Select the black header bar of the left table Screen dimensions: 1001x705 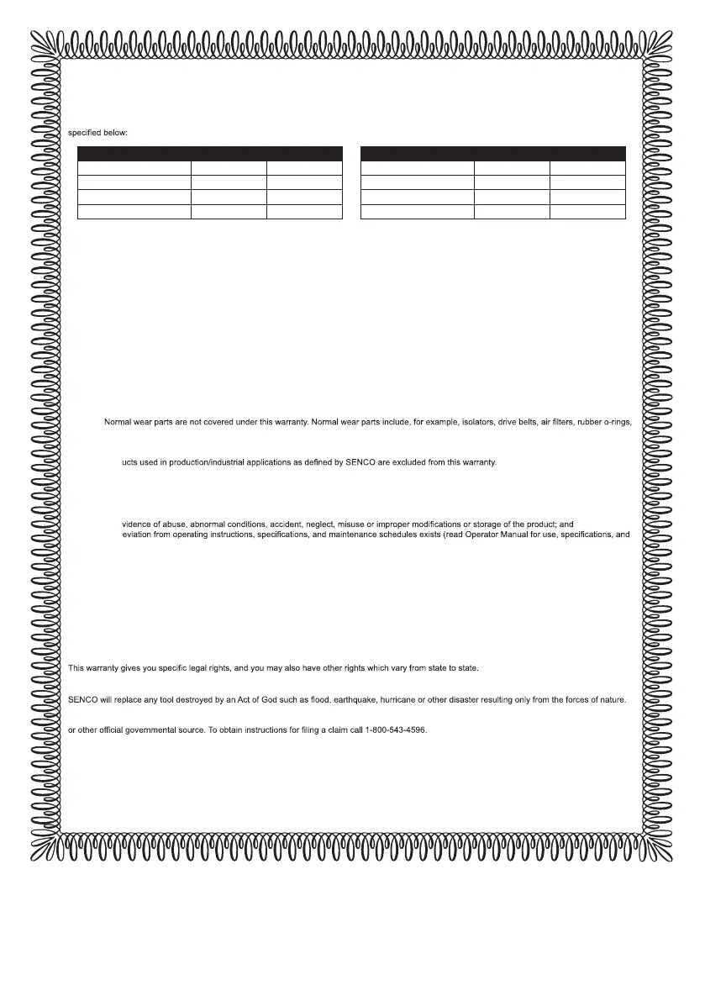209,153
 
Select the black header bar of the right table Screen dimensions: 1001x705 492,153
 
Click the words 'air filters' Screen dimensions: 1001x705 571,421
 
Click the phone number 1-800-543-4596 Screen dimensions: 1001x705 395,730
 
